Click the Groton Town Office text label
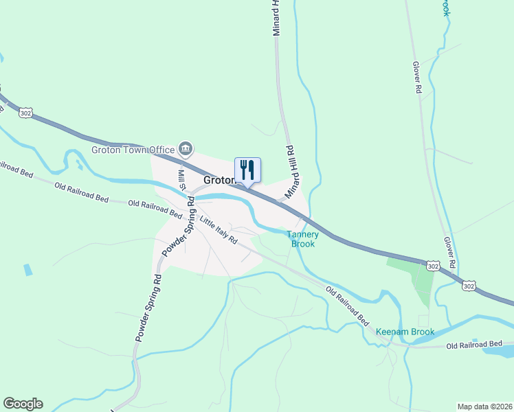(133, 149)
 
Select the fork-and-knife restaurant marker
(248, 170)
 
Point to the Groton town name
(219, 181)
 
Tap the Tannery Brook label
(302, 238)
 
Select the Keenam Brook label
(405, 332)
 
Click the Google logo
(23, 404)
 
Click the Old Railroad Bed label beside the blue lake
(474, 344)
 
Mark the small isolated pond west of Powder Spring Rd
(27, 269)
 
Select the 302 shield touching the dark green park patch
(432, 265)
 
